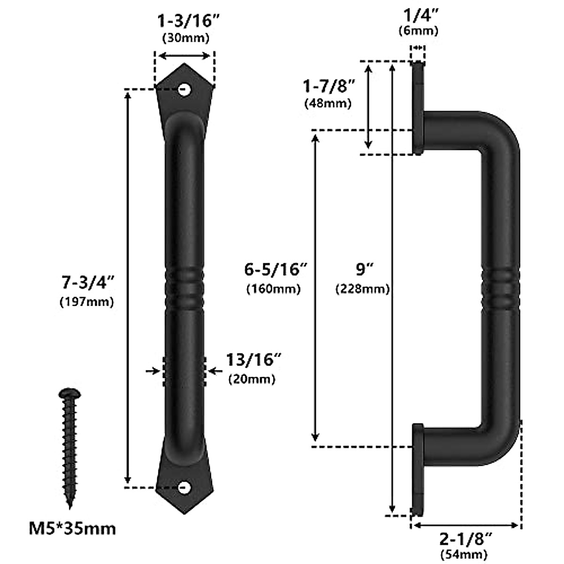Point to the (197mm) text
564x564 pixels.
87,301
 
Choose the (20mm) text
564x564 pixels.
251,379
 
